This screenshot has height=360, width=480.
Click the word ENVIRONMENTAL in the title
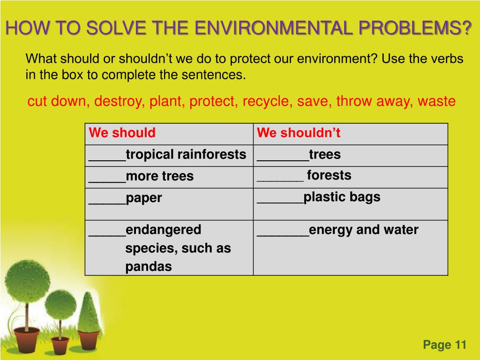273,28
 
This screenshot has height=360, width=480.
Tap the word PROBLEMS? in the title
415,28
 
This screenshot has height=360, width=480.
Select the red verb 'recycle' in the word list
266,101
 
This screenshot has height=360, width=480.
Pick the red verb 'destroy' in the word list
120,101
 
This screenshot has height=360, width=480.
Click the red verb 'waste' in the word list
436,101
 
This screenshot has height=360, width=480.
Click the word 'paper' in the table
143,198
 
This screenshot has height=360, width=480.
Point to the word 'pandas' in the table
149,267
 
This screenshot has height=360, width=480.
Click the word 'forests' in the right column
329,175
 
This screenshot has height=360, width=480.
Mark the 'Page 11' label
444,345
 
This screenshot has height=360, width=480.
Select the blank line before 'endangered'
107,236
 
